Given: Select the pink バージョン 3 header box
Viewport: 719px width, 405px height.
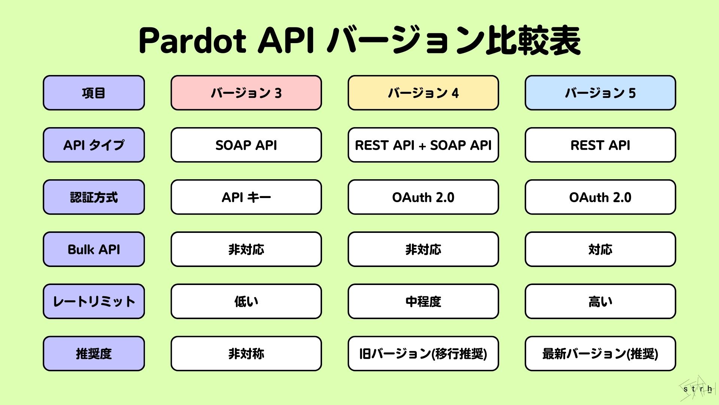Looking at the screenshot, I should [246, 93].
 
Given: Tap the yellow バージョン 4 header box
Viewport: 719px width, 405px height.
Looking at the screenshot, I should [423, 93].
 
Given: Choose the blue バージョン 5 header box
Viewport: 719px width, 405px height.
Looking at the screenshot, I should [600, 93].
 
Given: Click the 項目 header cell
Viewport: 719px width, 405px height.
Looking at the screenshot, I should [94, 93].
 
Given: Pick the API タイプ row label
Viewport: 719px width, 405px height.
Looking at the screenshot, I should [94, 145].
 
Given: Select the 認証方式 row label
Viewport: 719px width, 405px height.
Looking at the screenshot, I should [94, 197].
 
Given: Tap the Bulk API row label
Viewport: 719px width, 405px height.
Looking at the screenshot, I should [94, 249].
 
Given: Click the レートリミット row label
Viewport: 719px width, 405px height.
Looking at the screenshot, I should [94, 301].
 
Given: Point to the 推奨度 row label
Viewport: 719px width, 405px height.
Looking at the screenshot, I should [94, 354].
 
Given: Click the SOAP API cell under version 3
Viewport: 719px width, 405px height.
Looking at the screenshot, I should [246, 145].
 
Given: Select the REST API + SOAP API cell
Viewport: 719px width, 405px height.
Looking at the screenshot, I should [423, 145].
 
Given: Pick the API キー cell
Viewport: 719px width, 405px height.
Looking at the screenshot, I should [246, 197].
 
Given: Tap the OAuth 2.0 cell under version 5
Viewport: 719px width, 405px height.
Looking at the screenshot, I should [600, 197].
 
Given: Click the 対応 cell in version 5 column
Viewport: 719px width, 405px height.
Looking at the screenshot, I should [600, 249].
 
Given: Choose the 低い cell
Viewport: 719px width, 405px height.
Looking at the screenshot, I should [246, 301].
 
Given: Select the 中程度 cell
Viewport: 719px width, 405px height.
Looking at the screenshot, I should [423, 301].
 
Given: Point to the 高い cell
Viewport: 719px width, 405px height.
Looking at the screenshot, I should [600, 301].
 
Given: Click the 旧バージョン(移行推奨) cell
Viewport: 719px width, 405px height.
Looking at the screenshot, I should [423, 354].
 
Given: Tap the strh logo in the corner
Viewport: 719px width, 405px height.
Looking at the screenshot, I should [697, 388].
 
